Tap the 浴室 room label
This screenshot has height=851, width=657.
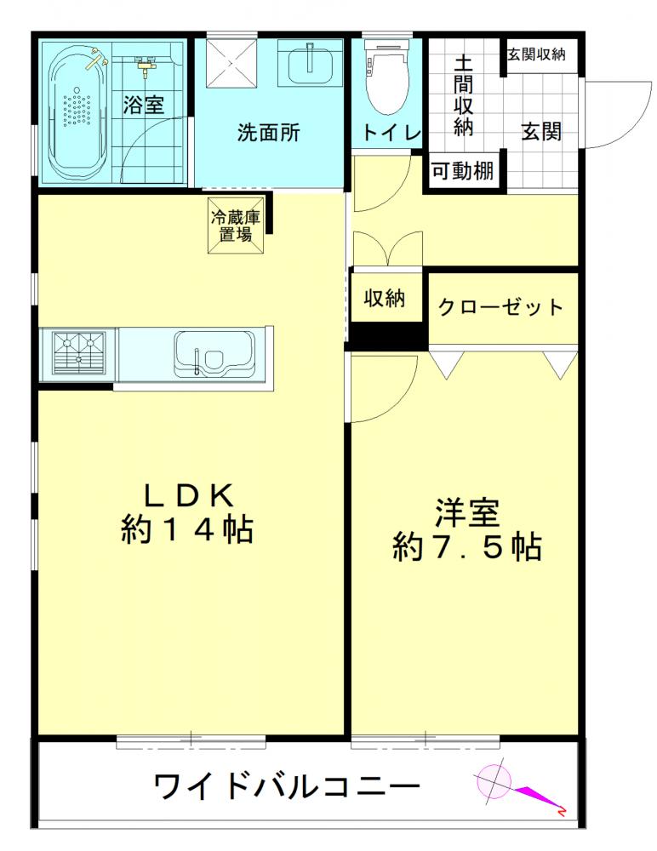(143, 105)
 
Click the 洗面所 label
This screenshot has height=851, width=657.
(268, 133)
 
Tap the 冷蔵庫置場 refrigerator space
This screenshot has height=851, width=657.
(236, 226)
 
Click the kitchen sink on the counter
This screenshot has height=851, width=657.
(214, 354)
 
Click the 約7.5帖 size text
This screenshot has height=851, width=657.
(466, 546)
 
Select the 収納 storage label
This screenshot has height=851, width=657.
(384, 298)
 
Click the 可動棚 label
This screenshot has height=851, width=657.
(462, 172)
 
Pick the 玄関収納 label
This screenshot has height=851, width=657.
(536, 54)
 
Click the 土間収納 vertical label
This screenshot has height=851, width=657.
(463, 94)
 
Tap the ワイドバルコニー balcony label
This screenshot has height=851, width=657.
(287, 786)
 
